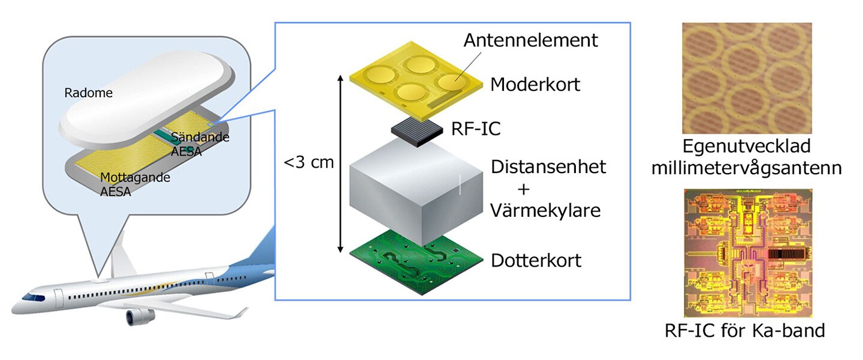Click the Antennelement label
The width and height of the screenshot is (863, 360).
[x=530, y=40]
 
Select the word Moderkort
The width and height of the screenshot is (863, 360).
[x=535, y=84]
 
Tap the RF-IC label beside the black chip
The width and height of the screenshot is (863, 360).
[x=476, y=129]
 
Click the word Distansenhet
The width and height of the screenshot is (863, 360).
[x=548, y=167]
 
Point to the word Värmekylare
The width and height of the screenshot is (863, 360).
[x=545, y=211]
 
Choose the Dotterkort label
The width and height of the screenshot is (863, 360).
[x=536, y=261]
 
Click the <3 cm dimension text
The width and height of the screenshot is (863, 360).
[x=309, y=162]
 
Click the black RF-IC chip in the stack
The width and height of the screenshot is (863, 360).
[x=417, y=132]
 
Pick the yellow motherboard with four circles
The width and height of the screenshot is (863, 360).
[x=416, y=81]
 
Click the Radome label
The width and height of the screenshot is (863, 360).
[x=88, y=93]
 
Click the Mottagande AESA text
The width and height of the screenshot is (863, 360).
[x=135, y=184]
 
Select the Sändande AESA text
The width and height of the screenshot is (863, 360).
[x=200, y=144]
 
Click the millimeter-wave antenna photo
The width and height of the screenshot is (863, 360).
[x=747, y=78]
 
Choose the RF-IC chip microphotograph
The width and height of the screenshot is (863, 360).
[x=748, y=253]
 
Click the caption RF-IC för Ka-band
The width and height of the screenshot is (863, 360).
[x=745, y=331]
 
